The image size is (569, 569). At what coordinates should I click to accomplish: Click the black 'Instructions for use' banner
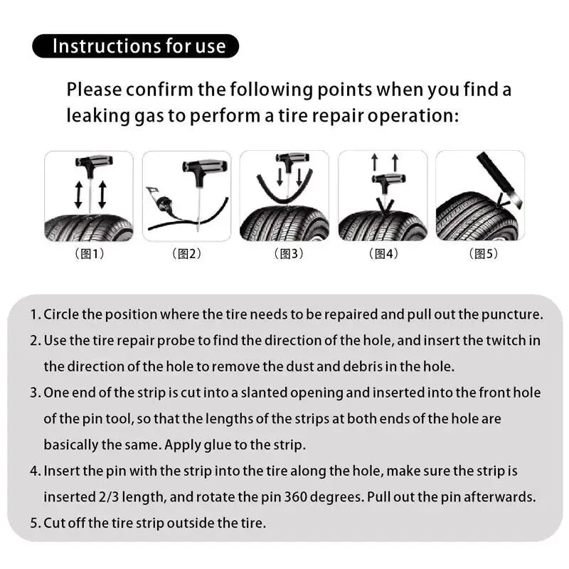coord(135,46)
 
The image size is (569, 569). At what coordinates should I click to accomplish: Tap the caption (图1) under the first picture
coord(89,254)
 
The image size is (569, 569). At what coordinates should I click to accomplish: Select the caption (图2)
coord(186,254)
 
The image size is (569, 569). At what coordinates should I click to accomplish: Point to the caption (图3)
coord(284,254)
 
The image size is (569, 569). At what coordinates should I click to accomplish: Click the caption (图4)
coord(383,254)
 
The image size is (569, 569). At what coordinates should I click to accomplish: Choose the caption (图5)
coord(480,254)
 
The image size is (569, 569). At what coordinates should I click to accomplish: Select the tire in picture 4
coord(383,226)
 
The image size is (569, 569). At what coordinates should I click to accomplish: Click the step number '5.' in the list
coord(35,523)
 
